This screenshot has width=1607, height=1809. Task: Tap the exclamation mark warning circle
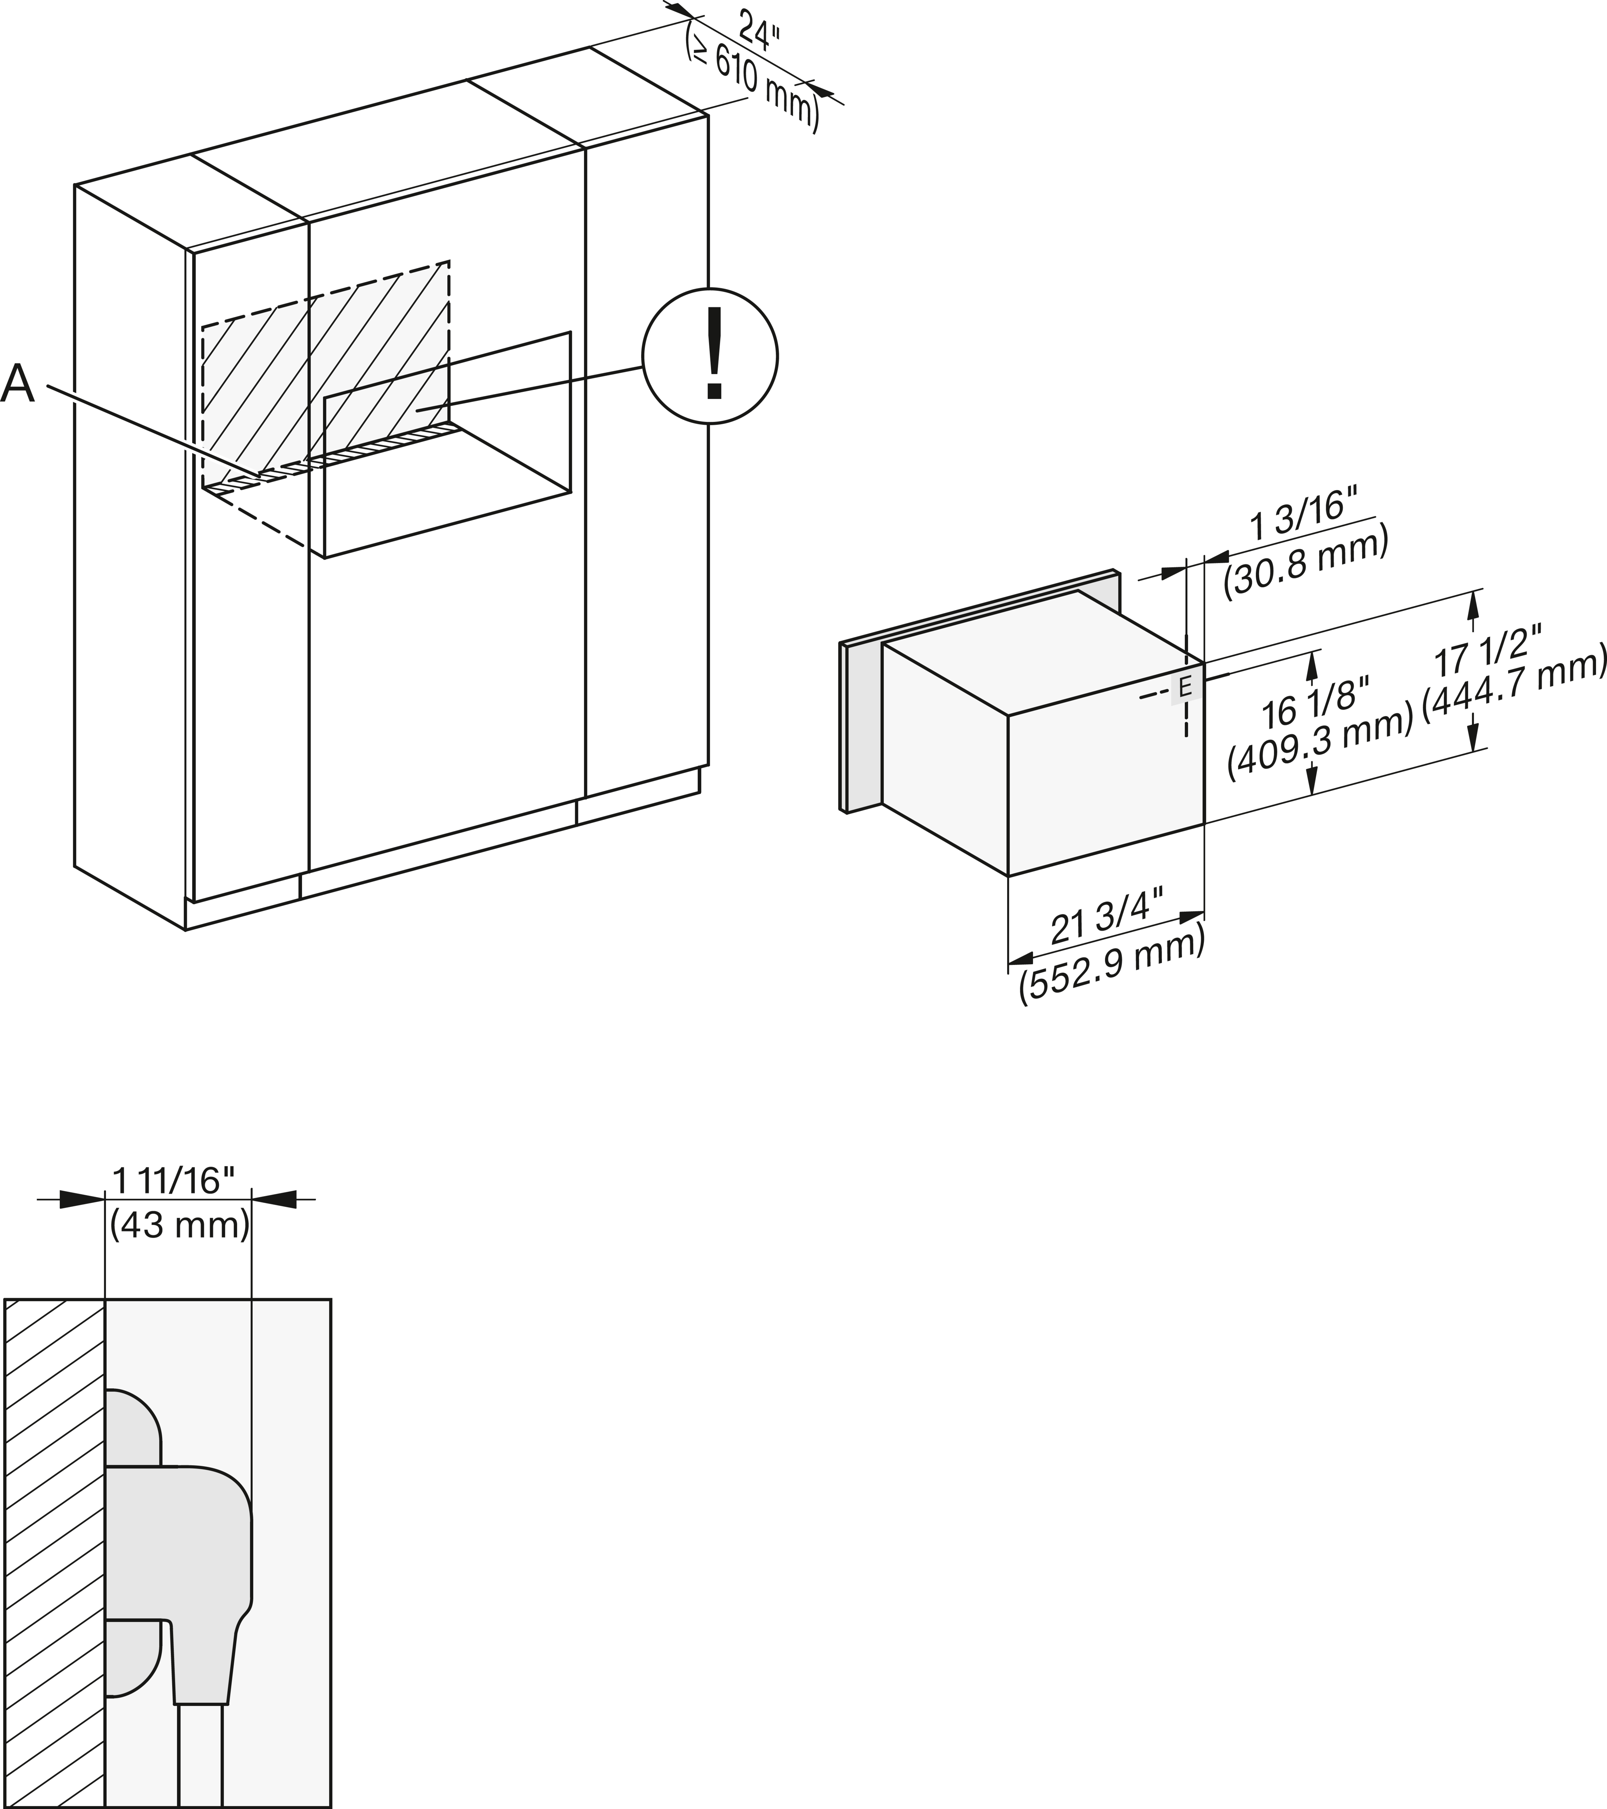[710, 357]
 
